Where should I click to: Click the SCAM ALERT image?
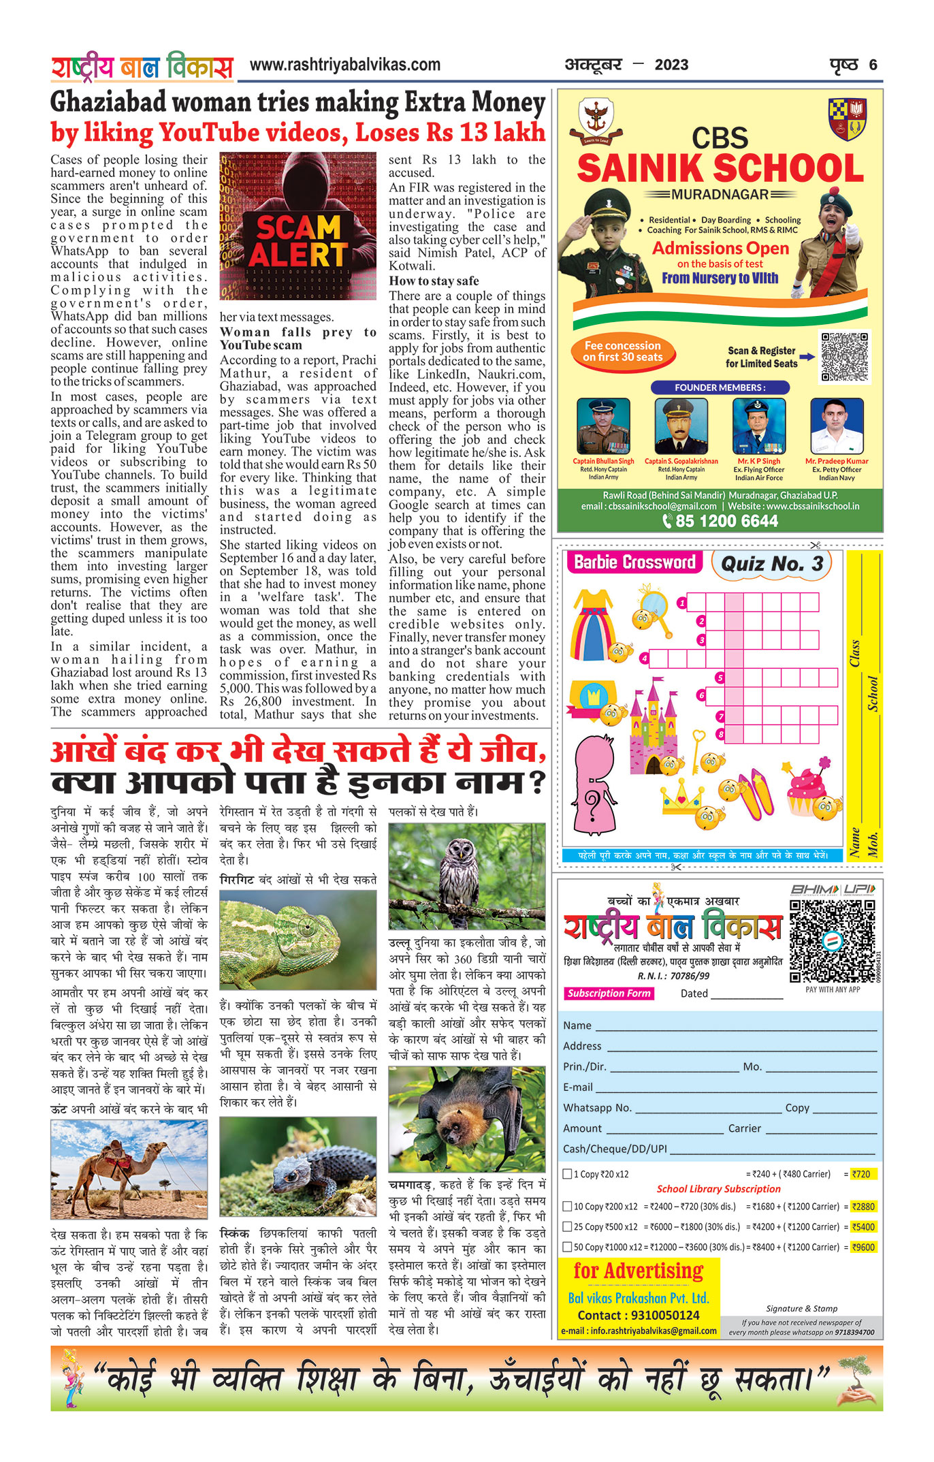pyautogui.click(x=297, y=227)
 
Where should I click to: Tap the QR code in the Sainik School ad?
pyautogui.click(x=844, y=357)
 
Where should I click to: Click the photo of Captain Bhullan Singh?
pyautogui.click(x=602, y=426)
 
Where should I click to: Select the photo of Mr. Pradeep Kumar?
pyautogui.click(x=837, y=426)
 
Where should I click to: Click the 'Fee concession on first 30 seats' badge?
pyautogui.click(x=622, y=351)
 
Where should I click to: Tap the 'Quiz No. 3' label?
pyautogui.click(x=771, y=564)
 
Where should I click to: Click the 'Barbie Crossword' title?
pyautogui.click(x=634, y=562)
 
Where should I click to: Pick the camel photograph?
pyautogui.click(x=129, y=1169)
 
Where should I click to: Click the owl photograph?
pyautogui.click(x=466, y=876)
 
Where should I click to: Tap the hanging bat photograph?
pyautogui.click(x=466, y=1119)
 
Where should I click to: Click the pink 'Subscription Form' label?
pyautogui.click(x=609, y=994)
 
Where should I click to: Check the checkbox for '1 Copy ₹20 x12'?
pyautogui.click(x=567, y=1173)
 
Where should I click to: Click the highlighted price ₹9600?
pyautogui.click(x=863, y=1247)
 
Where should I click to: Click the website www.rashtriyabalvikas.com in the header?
pyautogui.click(x=344, y=65)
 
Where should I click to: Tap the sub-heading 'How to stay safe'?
pyautogui.click(x=434, y=281)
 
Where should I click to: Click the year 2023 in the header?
pyautogui.click(x=671, y=65)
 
